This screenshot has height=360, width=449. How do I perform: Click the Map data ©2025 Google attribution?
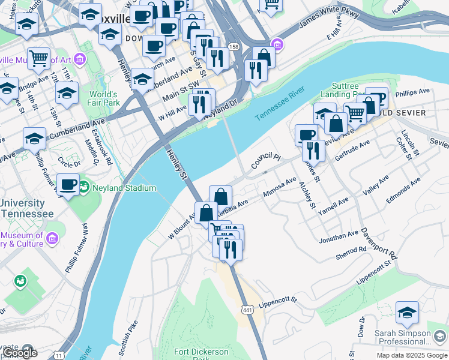(412, 355)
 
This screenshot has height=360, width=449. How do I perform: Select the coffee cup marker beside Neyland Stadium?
(68, 184)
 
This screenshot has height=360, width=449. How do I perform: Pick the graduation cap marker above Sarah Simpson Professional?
(407, 312)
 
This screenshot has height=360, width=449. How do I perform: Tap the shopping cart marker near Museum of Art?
(38, 58)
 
